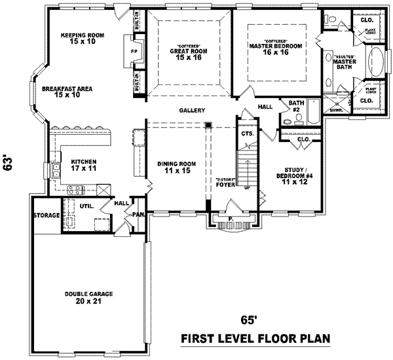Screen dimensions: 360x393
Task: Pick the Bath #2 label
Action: pyautogui.click(x=296, y=105)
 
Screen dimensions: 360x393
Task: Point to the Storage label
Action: pyautogui.click(x=47, y=215)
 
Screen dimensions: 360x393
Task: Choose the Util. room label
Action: pyautogui.click(x=87, y=206)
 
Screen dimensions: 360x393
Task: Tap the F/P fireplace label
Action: pyautogui.click(x=135, y=50)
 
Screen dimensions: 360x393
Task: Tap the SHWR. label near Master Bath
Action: pyautogui.click(x=336, y=110)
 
